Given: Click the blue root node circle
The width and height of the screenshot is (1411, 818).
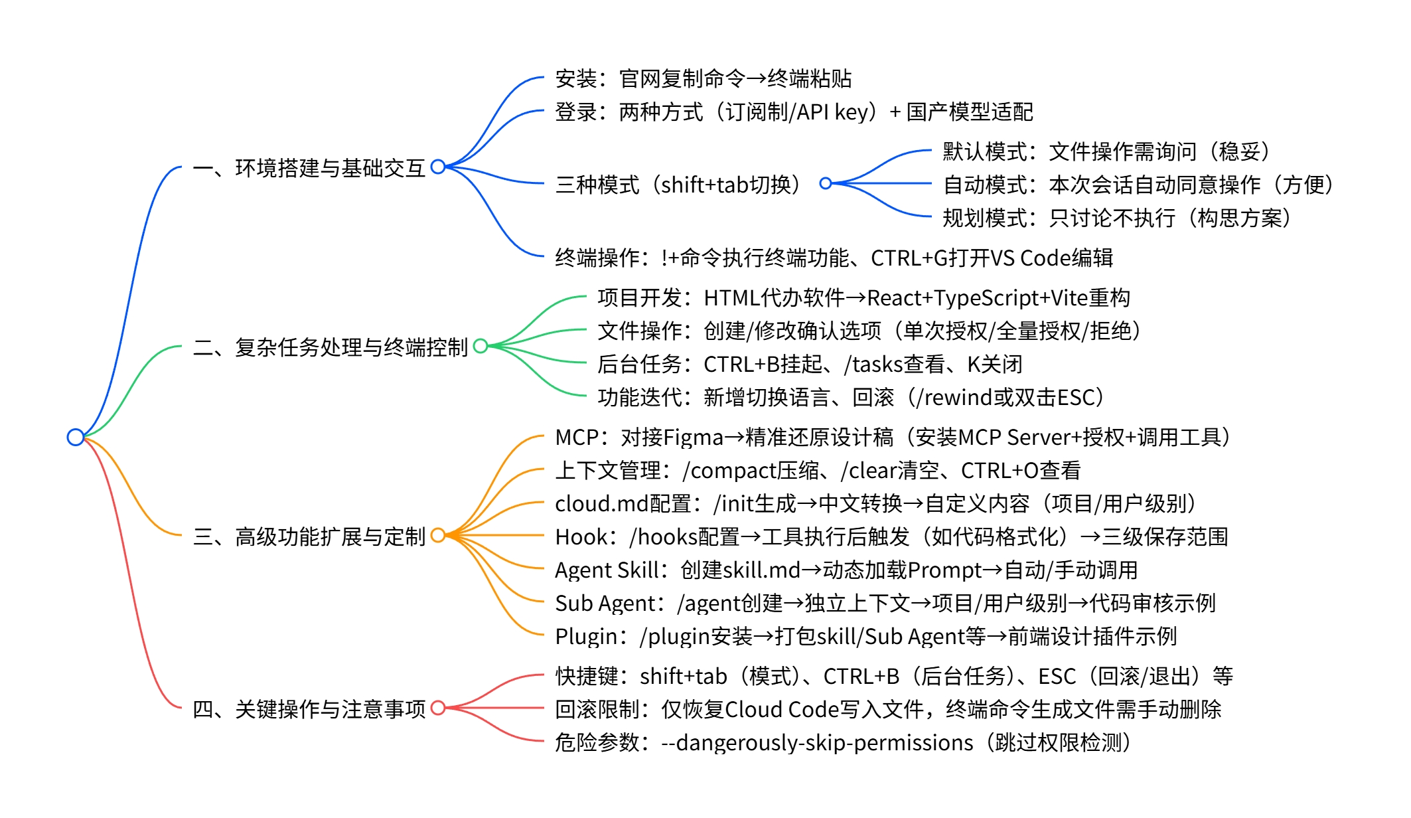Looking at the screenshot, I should (x=76, y=437).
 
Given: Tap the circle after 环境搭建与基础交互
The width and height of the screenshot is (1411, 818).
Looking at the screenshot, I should (x=438, y=167).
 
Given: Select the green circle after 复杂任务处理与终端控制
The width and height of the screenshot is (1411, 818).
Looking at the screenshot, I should (x=481, y=346).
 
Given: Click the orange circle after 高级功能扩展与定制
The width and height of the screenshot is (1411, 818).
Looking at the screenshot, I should (x=438, y=535).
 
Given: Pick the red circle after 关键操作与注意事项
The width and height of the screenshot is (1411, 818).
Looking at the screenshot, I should (x=438, y=708).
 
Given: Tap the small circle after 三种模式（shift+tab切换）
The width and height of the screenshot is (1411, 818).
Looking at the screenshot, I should (x=826, y=183).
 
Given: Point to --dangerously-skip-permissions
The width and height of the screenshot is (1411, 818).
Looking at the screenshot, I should (x=817, y=743).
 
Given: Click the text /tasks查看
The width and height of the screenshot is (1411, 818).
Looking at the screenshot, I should (x=893, y=365).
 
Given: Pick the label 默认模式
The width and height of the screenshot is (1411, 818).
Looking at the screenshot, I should (x=985, y=152).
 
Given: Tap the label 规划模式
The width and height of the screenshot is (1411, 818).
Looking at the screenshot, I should (x=985, y=218).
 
